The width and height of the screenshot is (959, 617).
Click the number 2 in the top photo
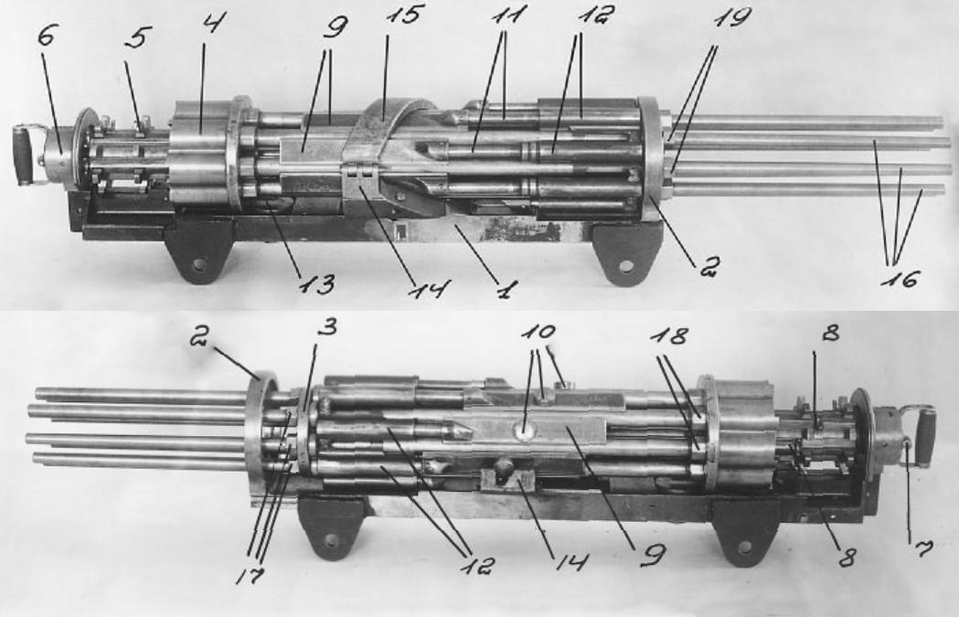coord(707,266)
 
